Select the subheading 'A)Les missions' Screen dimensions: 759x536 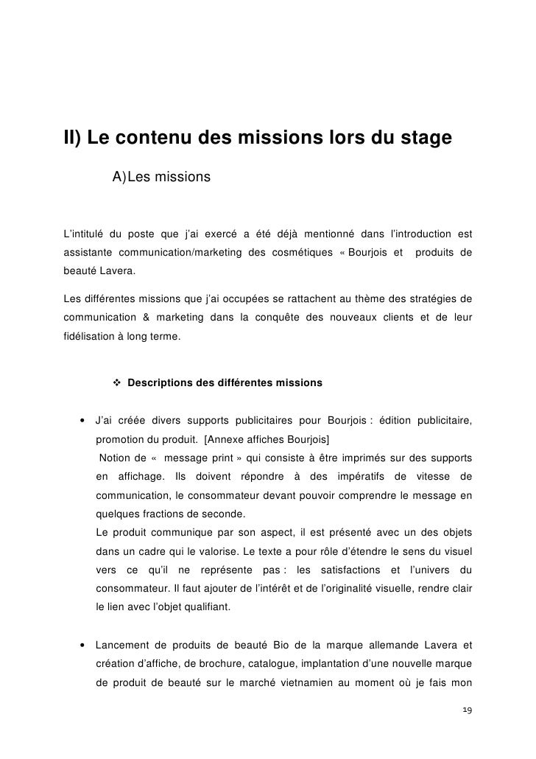click(161, 178)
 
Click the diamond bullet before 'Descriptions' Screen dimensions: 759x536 click(116, 383)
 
